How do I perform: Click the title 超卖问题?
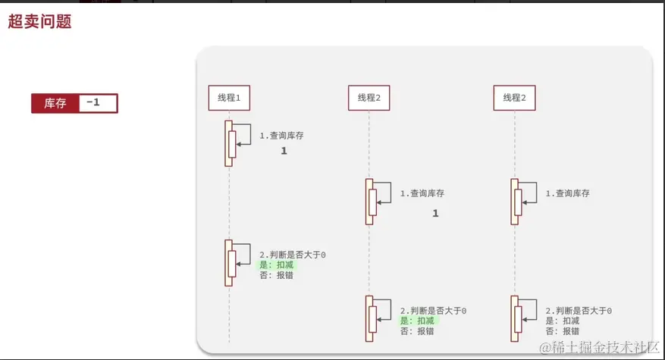coord(39,22)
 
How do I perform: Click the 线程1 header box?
coord(229,98)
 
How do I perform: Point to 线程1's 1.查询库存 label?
coord(281,136)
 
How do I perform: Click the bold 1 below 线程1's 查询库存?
coord(284,152)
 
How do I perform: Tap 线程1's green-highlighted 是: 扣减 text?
coord(276,265)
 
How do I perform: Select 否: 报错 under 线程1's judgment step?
coord(276,275)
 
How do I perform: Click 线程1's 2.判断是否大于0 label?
coord(292,255)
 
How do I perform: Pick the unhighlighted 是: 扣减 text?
coord(562,321)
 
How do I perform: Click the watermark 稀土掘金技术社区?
coord(599,347)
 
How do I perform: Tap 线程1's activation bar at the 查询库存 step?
coord(228,143)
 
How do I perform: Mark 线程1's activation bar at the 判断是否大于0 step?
coord(228,262)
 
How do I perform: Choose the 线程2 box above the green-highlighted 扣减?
coord(369,98)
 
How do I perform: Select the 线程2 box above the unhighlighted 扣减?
coord(515,98)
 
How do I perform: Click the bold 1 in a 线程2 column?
coord(435,214)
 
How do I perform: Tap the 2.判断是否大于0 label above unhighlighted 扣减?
coord(578,311)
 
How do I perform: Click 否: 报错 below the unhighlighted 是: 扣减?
coord(562,331)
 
